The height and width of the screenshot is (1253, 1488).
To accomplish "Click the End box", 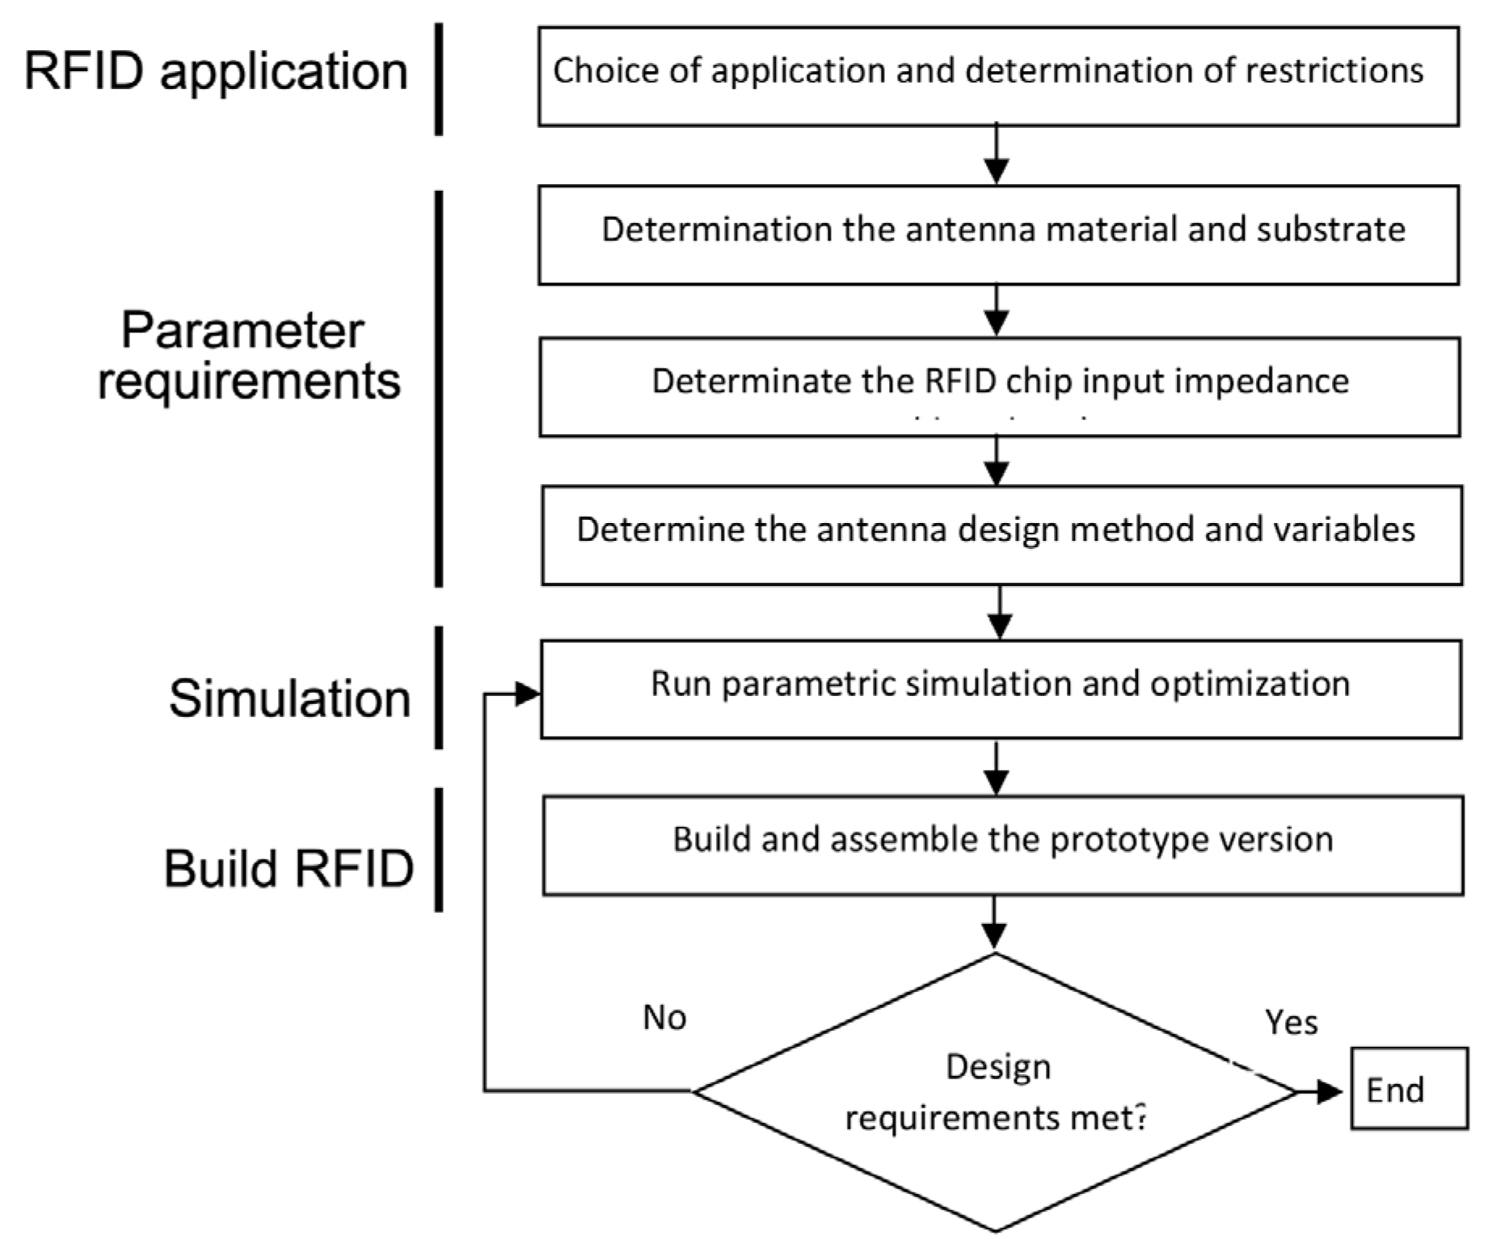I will pos(1408,1088).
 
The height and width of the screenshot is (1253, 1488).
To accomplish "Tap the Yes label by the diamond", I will pos(1291,1023).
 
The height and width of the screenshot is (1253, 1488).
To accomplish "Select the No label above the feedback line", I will pos(664,1017).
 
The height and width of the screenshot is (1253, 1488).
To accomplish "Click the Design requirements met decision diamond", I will pos(996,1092).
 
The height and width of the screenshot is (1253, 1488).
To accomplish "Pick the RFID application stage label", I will pos(216,71).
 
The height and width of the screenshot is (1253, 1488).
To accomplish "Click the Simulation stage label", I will pos(289,698).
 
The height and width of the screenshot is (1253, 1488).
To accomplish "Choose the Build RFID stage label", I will pos(289,868).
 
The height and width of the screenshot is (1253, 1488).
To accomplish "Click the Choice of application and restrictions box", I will pos(998,76).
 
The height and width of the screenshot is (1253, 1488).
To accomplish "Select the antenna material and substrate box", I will pos(998,234).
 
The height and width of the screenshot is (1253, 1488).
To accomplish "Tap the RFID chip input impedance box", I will pos(999,387).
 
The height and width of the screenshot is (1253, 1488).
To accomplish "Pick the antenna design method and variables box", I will pos(1001,535).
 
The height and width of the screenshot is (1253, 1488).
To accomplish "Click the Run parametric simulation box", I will pos(1001,689).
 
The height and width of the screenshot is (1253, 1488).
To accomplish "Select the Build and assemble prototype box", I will pos(1002,846).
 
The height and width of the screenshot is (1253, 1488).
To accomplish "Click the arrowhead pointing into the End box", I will pos(1329,1092).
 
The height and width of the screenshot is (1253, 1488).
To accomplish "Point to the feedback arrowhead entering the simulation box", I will pos(527,694).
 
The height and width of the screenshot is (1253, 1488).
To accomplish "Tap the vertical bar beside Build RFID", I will pos(439,850).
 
